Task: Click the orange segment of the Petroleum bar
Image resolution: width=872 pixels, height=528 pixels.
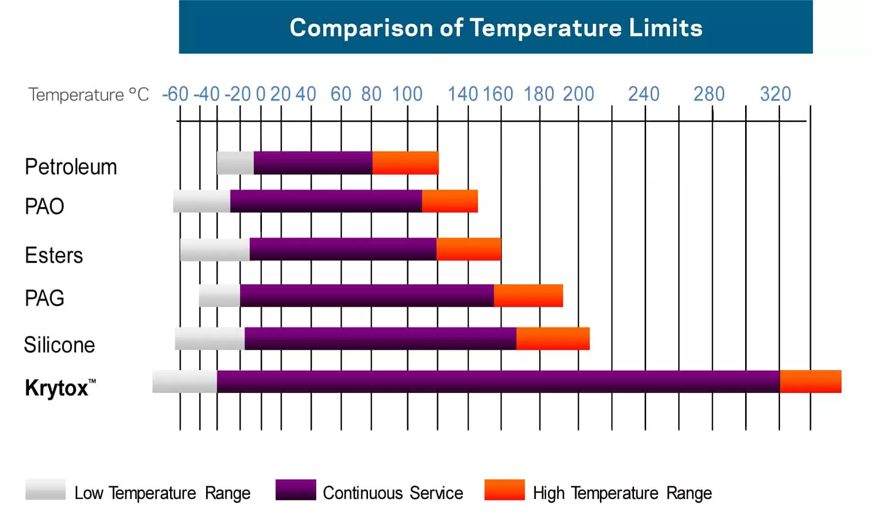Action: coord(405,163)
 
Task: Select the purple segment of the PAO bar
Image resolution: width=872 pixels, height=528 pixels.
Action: coord(326,201)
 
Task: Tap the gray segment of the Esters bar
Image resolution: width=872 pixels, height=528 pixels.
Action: coord(215,249)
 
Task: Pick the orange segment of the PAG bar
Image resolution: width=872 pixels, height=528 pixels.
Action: coord(528,295)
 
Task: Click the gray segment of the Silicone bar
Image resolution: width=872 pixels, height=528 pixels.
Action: coord(210,339)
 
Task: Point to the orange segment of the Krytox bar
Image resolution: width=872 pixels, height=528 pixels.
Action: coord(810,381)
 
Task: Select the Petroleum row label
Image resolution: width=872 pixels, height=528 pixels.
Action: coord(71,167)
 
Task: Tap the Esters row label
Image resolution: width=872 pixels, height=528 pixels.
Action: coord(54,255)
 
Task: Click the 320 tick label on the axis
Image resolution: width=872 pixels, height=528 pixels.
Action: coord(775,94)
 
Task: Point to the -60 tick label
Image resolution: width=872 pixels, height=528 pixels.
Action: coord(175,94)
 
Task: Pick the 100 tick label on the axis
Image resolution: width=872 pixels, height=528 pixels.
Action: coord(407,94)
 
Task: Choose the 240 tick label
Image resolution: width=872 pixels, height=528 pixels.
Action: coord(644,94)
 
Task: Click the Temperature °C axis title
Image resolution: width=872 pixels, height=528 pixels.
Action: coord(88,94)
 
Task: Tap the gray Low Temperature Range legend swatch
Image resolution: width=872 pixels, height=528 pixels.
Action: coord(46,489)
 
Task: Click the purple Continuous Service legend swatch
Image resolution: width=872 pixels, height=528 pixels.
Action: coord(295,489)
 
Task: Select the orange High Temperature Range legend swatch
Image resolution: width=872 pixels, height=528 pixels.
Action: coord(505,489)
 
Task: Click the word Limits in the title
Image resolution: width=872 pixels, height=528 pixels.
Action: coord(665,27)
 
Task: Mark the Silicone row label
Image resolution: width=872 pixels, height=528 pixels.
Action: coord(59,345)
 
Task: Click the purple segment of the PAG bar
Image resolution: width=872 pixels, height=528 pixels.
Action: coord(366,295)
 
